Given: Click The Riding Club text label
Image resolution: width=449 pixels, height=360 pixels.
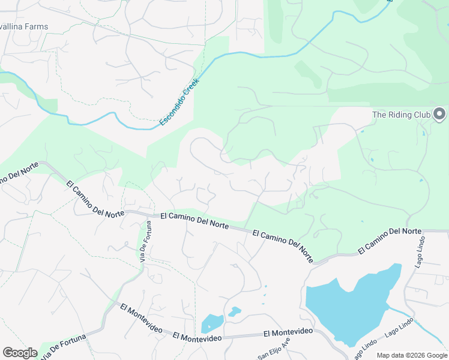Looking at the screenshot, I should pyautogui.click(x=400, y=115).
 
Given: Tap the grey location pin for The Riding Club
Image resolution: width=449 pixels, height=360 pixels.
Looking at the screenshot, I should pyautogui.click(x=439, y=113).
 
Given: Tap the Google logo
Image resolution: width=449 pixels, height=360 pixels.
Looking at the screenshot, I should pyautogui.click(x=20, y=353).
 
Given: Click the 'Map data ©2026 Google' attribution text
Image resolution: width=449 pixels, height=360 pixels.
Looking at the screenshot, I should pyautogui.click(x=412, y=355).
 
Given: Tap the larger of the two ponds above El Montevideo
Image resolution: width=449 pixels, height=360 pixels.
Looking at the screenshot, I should pyautogui.click(x=211, y=323).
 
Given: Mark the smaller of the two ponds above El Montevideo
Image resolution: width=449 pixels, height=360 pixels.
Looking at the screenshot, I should pyautogui.click(x=234, y=311).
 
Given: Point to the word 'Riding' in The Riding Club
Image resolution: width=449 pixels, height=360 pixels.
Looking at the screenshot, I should pyautogui.click(x=400, y=115).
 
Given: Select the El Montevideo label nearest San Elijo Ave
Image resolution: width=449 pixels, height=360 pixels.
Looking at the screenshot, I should pyautogui.click(x=288, y=332).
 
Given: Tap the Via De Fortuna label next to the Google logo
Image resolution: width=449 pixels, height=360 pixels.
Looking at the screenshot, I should pyautogui.click(x=62, y=349).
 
